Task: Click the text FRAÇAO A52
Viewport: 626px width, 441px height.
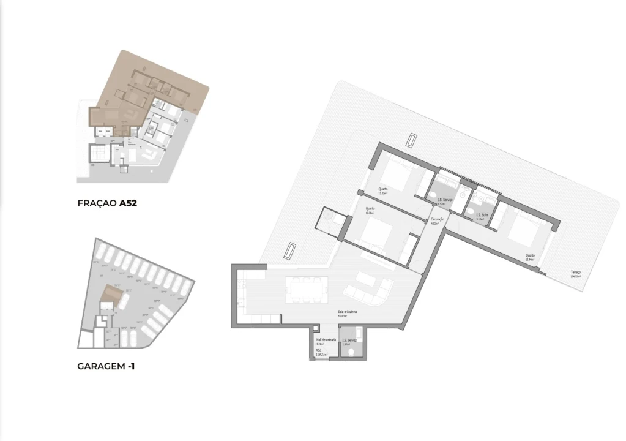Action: [x=107, y=203]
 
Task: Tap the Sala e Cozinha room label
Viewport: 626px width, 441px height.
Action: [x=348, y=312]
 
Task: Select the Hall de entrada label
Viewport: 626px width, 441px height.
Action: [x=325, y=340]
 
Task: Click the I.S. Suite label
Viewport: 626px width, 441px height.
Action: [x=482, y=215]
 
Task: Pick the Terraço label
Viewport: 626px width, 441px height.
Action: [x=575, y=272]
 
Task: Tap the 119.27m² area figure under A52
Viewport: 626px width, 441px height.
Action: [x=321, y=355]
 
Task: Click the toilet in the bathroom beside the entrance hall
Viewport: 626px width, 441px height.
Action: [x=359, y=337]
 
